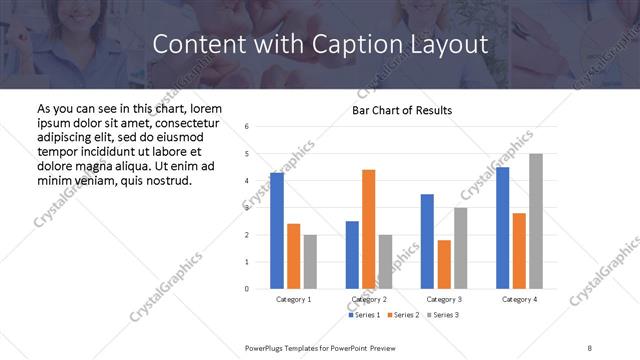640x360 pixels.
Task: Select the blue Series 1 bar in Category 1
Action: click(x=277, y=230)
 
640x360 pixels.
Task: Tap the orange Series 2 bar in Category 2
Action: click(x=368, y=229)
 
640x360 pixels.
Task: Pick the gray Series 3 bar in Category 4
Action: click(x=536, y=221)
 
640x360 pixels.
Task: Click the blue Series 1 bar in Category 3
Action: click(x=427, y=241)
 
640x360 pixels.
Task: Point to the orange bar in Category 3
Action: click(x=444, y=264)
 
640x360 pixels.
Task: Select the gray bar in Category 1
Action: click(x=310, y=262)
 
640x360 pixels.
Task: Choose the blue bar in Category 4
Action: click(x=502, y=228)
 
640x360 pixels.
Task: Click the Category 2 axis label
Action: click(x=368, y=299)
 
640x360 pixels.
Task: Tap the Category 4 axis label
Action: click(x=519, y=299)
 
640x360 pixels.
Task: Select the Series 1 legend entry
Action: click(x=364, y=315)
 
